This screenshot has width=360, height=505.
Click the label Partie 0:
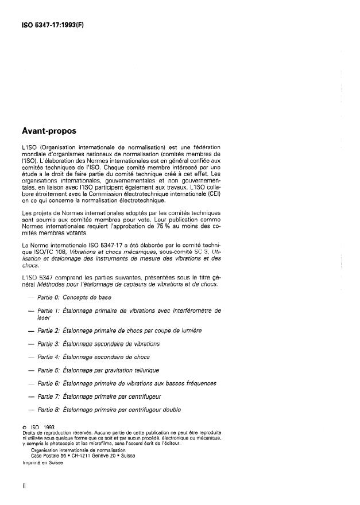pos(49,297)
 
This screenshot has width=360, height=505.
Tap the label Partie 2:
pos(49,331)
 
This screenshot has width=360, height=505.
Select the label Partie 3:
pos(49,344)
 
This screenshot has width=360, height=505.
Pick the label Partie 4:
pos(49,357)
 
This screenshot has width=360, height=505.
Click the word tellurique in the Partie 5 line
pos(142,370)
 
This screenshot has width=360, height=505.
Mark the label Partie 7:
pos(49,397)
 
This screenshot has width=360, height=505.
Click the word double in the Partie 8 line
pos(169,410)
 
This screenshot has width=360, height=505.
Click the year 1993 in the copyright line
pos(48,427)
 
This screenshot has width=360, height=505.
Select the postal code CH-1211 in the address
pos(84,456)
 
